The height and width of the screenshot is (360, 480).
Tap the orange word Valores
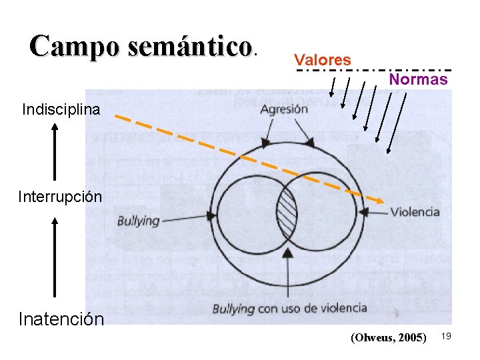click(323, 60)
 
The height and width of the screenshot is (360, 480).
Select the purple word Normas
click(419, 79)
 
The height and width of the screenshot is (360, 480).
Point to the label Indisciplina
click(61, 109)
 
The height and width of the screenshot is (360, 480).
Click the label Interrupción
click(60, 197)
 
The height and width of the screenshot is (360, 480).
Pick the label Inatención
click(61, 319)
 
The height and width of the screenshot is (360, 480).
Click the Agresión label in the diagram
click(284, 109)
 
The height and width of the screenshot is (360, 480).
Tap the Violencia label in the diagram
click(415, 212)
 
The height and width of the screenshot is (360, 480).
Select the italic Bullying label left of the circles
click(139, 220)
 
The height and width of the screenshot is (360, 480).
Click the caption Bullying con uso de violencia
click(289, 308)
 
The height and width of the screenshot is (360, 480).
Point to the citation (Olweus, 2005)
click(388, 337)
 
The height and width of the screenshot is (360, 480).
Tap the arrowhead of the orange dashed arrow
click(381, 200)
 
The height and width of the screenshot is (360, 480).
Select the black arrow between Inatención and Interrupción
click(55, 257)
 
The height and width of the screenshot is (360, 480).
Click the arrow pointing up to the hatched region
click(287, 273)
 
